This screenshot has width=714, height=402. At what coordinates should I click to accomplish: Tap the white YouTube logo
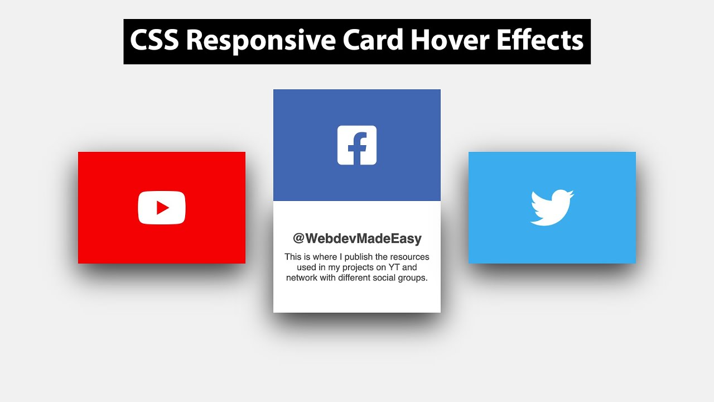click(162, 208)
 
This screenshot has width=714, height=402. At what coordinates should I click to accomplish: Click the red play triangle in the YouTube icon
click(162, 208)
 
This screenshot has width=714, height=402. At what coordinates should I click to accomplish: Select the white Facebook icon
click(357, 145)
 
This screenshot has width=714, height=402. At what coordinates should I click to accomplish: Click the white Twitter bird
click(552, 208)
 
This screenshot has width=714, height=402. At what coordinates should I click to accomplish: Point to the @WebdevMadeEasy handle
click(357, 238)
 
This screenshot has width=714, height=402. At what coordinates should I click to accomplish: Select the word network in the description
click(303, 278)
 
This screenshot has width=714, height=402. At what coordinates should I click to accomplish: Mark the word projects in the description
click(354, 267)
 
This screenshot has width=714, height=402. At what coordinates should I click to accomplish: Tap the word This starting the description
click(293, 257)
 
